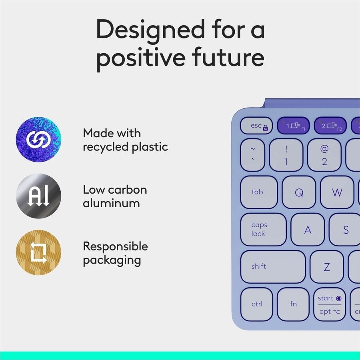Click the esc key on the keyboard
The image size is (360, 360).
point(256,126)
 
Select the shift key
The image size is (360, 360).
point(273,267)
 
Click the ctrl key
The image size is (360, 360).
point(257,304)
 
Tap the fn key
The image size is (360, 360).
point(293,304)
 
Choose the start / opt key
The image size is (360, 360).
point(330,304)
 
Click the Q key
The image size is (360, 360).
point(299,192)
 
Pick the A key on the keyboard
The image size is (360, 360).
point(308,230)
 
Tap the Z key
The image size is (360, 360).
point(327,267)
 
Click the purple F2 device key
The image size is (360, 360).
point(330,126)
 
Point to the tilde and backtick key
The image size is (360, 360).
point(253,155)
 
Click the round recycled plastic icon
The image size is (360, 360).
point(38,139)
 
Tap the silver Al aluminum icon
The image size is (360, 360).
point(38,196)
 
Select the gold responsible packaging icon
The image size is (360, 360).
point(38,253)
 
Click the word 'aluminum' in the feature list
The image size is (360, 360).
point(111,203)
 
